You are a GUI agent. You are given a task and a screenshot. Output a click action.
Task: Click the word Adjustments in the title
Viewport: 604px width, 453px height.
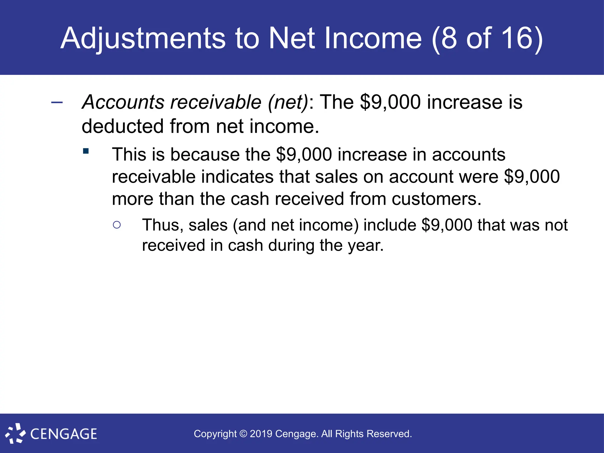(143, 38)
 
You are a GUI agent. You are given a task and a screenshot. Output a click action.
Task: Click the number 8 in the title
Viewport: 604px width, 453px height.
(449, 38)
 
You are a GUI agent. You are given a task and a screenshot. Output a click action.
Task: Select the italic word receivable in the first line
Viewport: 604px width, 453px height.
(216, 102)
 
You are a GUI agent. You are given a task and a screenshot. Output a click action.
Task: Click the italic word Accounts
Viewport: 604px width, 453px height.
(123, 102)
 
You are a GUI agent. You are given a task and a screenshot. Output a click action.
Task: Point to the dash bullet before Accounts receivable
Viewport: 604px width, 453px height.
(57, 103)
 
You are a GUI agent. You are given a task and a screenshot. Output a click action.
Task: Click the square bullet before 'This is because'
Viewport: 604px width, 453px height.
(86, 151)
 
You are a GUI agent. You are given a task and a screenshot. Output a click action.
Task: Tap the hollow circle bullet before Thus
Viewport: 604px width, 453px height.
(117, 225)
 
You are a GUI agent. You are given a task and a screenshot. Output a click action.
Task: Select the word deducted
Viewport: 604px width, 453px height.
(122, 126)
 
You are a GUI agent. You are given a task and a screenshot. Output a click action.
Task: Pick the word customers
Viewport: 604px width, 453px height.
(434, 199)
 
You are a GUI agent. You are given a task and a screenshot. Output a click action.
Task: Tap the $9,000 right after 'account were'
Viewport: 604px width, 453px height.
(532, 177)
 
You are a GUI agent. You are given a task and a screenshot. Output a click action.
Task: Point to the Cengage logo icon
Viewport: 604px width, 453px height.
(15, 434)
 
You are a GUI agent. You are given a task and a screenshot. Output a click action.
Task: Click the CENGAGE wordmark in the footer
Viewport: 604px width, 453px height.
(64, 434)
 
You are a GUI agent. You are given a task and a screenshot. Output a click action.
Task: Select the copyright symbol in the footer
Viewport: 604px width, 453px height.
(243, 434)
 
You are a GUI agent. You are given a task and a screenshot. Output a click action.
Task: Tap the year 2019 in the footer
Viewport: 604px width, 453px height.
(261, 434)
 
